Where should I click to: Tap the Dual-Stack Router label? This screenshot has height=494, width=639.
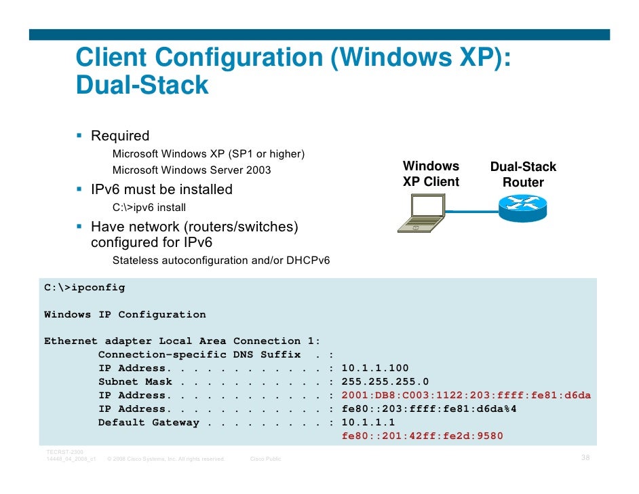pos(523,174)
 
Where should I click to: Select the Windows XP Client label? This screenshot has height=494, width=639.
pos(431,174)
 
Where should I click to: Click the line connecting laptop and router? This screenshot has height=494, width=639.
pos(471,212)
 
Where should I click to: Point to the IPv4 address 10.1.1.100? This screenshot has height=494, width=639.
pos(375,368)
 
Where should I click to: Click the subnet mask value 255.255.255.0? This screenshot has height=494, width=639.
pos(385,382)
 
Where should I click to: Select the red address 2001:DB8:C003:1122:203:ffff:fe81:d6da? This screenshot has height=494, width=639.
pos(466,396)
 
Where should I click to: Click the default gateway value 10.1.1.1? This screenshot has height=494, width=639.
pos(368,423)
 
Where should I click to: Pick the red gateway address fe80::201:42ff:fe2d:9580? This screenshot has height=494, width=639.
pos(422,436)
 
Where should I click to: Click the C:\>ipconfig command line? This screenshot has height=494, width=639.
pos(85,288)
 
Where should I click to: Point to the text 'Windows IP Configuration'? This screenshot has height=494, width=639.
pos(125,315)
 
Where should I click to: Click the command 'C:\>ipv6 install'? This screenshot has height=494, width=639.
pos(149,208)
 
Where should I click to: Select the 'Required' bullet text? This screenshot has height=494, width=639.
pos(120,136)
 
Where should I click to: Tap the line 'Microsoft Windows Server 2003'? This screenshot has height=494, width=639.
pos(191,170)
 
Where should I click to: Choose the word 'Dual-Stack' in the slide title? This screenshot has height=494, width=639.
pos(142,85)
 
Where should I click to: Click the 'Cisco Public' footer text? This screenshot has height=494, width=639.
pos(266,459)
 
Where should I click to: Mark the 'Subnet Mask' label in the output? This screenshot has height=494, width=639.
pos(132,382)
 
